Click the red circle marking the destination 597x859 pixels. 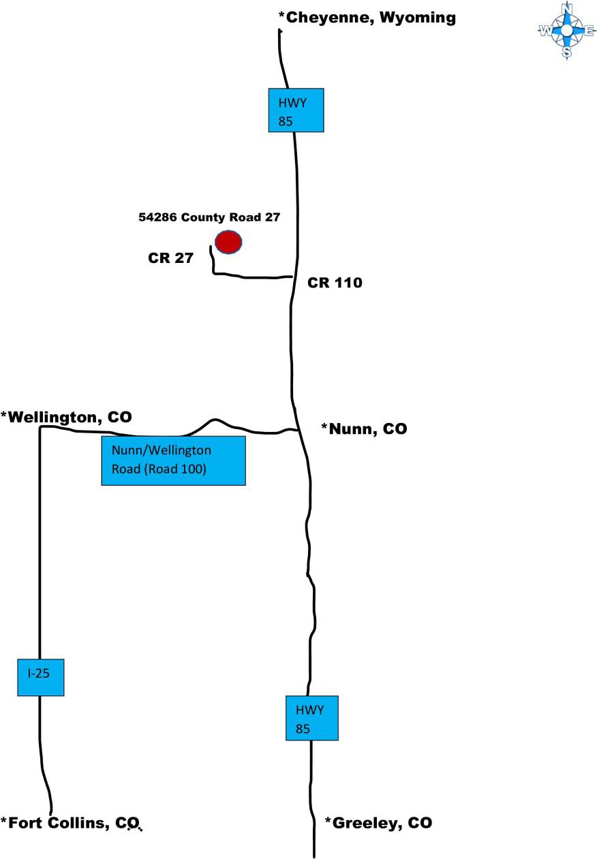click(x=228, y=242)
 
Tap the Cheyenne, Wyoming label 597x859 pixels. click(x=367, y=18)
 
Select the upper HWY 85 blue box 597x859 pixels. click(x=295, y=110)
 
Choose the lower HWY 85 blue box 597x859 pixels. click(x=311, y=718)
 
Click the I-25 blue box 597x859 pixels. click(x=40, y=677)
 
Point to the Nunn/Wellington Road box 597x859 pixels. click(x=173, y=460)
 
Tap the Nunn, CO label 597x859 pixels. click(x=364, y=429)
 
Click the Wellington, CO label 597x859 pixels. click(x=66, y=416)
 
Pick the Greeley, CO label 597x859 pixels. click(x=378, y=823)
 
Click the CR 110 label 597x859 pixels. click(x=335, y=283)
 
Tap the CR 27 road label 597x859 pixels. click(x=171, y=258)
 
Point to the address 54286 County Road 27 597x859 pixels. click(x=209, y=218)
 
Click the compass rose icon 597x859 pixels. click(x=566, y=30)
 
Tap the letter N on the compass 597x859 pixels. click(x=566, y=8)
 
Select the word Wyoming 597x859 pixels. click(x=416, y=18)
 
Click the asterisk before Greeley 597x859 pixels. click(x=328, y=821)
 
